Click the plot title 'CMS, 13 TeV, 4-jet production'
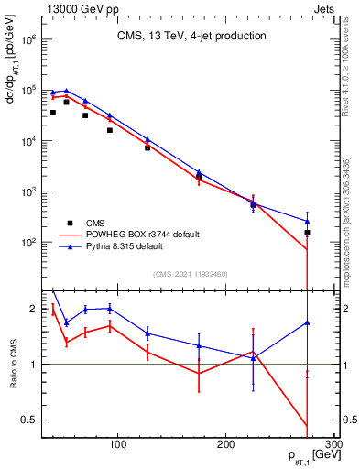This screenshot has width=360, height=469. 191,36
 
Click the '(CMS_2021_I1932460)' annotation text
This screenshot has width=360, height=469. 191,273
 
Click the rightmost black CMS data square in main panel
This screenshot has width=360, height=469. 308,233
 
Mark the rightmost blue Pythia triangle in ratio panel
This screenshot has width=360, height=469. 308,322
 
